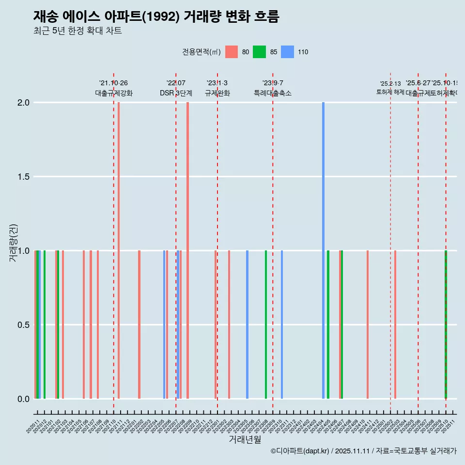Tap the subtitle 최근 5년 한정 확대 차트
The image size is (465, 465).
pos(77,31)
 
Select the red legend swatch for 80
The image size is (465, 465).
pos(232,52)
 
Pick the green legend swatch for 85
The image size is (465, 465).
pos(260,52)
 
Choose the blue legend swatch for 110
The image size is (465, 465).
pos(288,52)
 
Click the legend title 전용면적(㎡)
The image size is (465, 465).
pos(201,52)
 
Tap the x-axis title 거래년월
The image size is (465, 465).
pos(245,439)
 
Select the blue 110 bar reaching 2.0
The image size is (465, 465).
pos(323,250)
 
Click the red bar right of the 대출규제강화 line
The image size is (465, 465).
pos(119,250)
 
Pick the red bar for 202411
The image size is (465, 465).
pos(368,325)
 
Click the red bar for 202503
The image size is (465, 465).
pos(395,325)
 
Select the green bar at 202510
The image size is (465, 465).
pos(446,325)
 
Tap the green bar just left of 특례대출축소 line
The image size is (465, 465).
pos(266,325)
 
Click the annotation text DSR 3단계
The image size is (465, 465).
pos(176,93)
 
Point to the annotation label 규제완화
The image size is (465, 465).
pos(217,93)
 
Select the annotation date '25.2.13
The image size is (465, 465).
pos(390,84)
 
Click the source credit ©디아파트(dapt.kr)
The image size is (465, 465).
pos(300,451)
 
